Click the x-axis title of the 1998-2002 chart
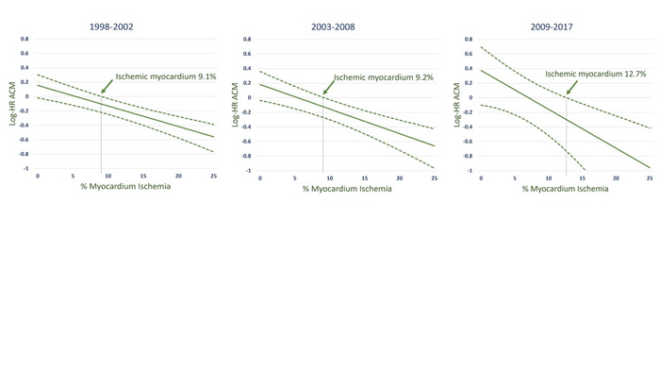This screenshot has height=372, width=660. pyautogui.click(x=125, y=189)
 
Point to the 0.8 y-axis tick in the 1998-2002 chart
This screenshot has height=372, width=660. pyautogui.click(x=25, y=40)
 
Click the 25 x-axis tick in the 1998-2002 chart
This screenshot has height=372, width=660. pyautogui.click(x=214, y=177)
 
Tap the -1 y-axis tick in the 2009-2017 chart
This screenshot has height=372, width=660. pyautogui.click(x=471, y=170)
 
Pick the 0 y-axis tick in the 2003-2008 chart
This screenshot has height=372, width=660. pyautogui.click(x=247, y=98)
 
